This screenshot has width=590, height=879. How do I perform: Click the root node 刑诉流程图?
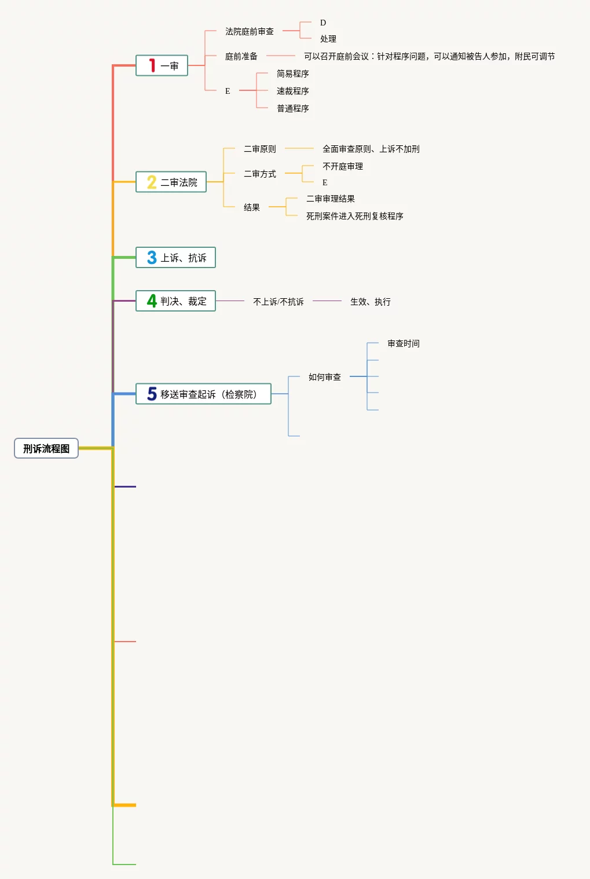tap(46, 448)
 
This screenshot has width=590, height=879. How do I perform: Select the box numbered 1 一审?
tap(162, 65)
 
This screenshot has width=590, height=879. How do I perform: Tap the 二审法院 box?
tap(171, 182)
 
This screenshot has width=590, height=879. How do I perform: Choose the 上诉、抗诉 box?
tap(175, 258)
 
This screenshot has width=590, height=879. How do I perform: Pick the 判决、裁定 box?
tap(175, 301)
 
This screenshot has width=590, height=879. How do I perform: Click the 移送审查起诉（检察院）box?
tap(203, 394)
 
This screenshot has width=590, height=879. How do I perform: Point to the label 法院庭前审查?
tap(250, 31)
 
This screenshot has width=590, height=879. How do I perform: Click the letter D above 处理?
tap(323, 23)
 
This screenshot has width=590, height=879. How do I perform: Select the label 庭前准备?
tap(241, 56)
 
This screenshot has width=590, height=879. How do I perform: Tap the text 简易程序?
tap(293, 74)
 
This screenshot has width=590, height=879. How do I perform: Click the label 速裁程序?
tap(293, 91)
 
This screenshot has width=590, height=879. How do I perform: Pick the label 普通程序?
tap(293, 108)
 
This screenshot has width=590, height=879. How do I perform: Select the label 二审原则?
tap(260, 149)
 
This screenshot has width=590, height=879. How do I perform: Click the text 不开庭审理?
tap(343, 166)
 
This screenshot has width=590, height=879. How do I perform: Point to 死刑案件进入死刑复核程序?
tap(355, 216)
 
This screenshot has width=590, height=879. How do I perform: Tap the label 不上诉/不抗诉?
tap(278, 302)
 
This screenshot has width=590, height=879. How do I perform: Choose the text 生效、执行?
tap(371, 302)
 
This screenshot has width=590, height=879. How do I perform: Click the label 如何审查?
tap(325, 377)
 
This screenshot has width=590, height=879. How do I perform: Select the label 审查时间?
tap(404, 343)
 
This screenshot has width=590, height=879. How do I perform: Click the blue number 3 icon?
tap(152, 258)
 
